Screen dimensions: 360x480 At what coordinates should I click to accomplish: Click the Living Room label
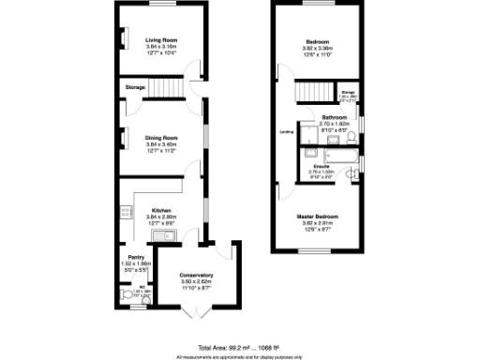[x=161, y=40]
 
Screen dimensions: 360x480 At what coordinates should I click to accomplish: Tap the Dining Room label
[x=161, y=138]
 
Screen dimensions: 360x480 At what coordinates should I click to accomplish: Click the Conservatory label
[x=196, y=275]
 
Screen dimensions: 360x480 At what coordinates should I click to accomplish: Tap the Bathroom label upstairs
[x=335, y=117]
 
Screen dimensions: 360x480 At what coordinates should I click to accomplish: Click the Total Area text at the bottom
[x=240, y=347]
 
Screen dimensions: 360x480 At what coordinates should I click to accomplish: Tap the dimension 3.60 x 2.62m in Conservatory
[x=196, y=281]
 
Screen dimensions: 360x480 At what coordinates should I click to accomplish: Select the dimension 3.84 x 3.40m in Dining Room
[x=161, y=144]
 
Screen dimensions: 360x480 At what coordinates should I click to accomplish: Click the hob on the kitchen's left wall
[x=123, y=212]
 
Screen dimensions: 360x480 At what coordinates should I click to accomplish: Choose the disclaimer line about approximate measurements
[x=240, y=356]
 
